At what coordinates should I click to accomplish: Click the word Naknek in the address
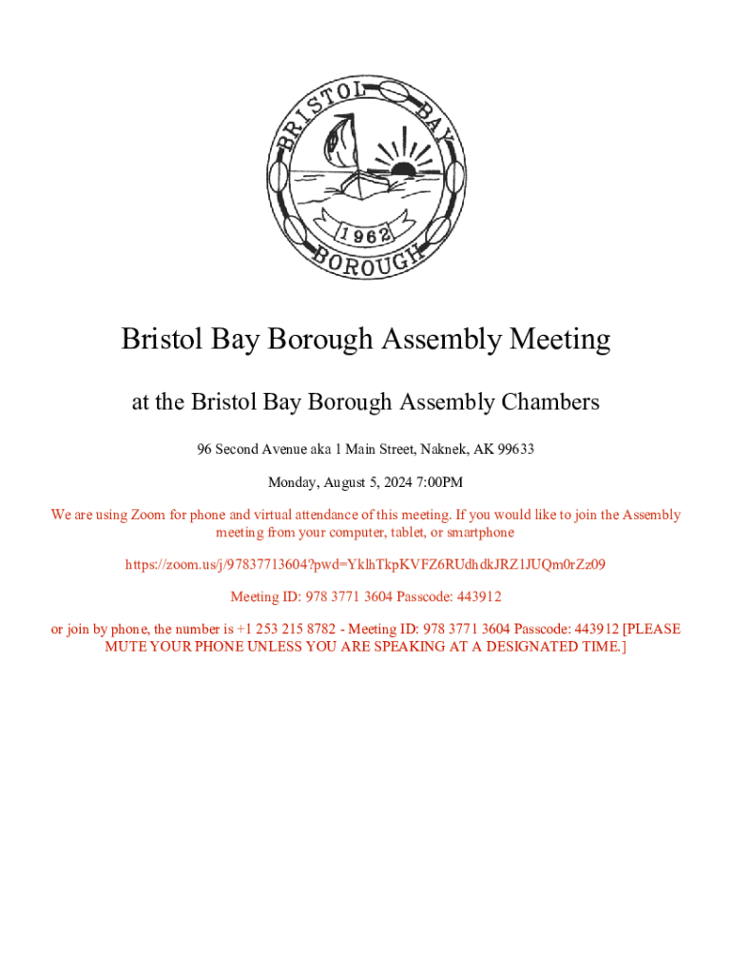tap(440, 449)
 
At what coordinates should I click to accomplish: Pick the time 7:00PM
tap(436, 482)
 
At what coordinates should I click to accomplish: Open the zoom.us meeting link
tap(365, 564)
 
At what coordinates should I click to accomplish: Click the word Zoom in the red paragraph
tap(147, 515)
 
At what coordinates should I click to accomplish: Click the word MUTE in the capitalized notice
tap(127, 647)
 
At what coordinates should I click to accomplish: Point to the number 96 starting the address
tap(204, 449)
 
